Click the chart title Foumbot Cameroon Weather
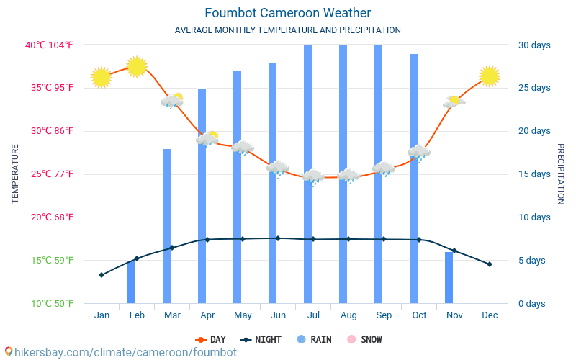click(x=287, y=13)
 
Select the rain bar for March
click(x=167, y=226)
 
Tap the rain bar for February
click(x=132, y=282)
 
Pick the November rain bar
click(x=449, y=278)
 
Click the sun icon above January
click(x=102, y=78)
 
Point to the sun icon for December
click(x=490, y=76)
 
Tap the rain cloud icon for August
click(x=348, y=177)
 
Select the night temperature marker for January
click(x=102, y=275)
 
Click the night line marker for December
click(x=490, y=264)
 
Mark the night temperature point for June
click(x=278, y=238)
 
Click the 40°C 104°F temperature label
click(x=49, y=45)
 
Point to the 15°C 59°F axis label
click(x=52, y=261)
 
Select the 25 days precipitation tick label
click(x=534, y=88)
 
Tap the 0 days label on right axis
click(x=532, y=304)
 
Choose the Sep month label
click(x=384, y=315)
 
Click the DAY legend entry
click(x=211, y=339)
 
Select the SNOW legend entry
click(x=365, y=339)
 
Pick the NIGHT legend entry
click(x=261, y=339)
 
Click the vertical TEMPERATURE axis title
click(x=15, y=174)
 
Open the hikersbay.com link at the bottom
click(x=121, y=352)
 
